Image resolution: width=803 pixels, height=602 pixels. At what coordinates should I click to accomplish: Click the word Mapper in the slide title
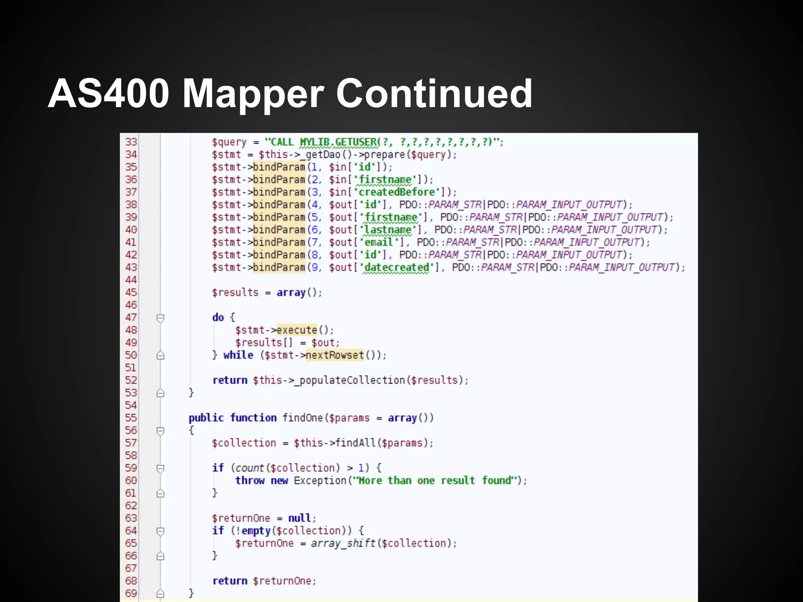(253, 94)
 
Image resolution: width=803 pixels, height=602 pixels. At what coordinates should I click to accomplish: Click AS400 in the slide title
(109, 94)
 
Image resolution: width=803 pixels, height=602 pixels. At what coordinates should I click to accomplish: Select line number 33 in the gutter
(131, 142)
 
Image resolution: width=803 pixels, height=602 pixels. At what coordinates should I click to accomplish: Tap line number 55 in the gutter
(131, 418)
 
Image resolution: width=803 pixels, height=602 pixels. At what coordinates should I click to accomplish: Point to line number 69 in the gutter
(131, 593)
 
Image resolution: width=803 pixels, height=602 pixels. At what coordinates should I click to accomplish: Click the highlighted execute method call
(296, 330)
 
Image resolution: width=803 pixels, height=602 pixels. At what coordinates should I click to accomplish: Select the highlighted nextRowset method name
(334, 355)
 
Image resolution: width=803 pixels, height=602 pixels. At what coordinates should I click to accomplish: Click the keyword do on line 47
(218, 317)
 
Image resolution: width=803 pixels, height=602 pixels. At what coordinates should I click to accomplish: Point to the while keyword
(238, 355)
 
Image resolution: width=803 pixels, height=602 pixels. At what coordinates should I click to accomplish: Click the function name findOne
(303, 418)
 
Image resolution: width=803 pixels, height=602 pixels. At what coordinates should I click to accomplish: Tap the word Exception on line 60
(320, 481)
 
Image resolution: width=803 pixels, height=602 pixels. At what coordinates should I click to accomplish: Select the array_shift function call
(343, 543)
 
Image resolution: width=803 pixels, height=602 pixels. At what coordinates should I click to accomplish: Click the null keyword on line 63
(300, 518)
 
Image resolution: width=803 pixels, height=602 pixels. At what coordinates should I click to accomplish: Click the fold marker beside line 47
(160, 318)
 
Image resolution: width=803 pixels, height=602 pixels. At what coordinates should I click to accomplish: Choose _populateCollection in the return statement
(349, 380)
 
